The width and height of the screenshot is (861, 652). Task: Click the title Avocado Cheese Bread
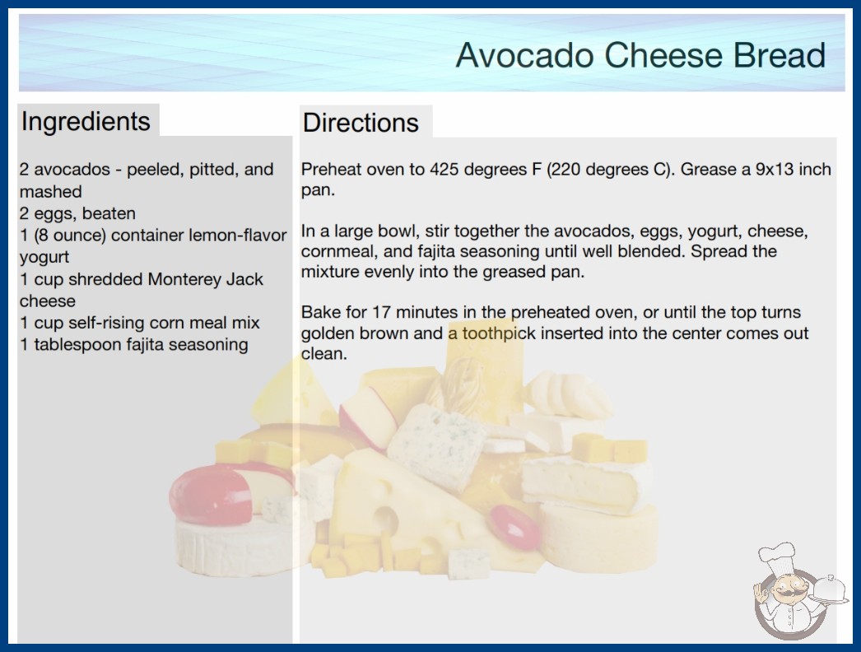pyautogui.click(x=640, y=55)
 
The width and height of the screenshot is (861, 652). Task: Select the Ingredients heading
pyautogui.click(x=86, y=122)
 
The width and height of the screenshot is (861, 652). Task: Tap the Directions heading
pyautogui.click(x=361, y=123)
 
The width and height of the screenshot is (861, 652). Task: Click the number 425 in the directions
pyautogui.click(x=444, y=170)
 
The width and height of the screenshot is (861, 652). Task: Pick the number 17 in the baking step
pyautogui.click(x=381, y=312)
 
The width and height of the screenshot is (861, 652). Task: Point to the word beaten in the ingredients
pyautogui.click(x=109, y=213)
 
